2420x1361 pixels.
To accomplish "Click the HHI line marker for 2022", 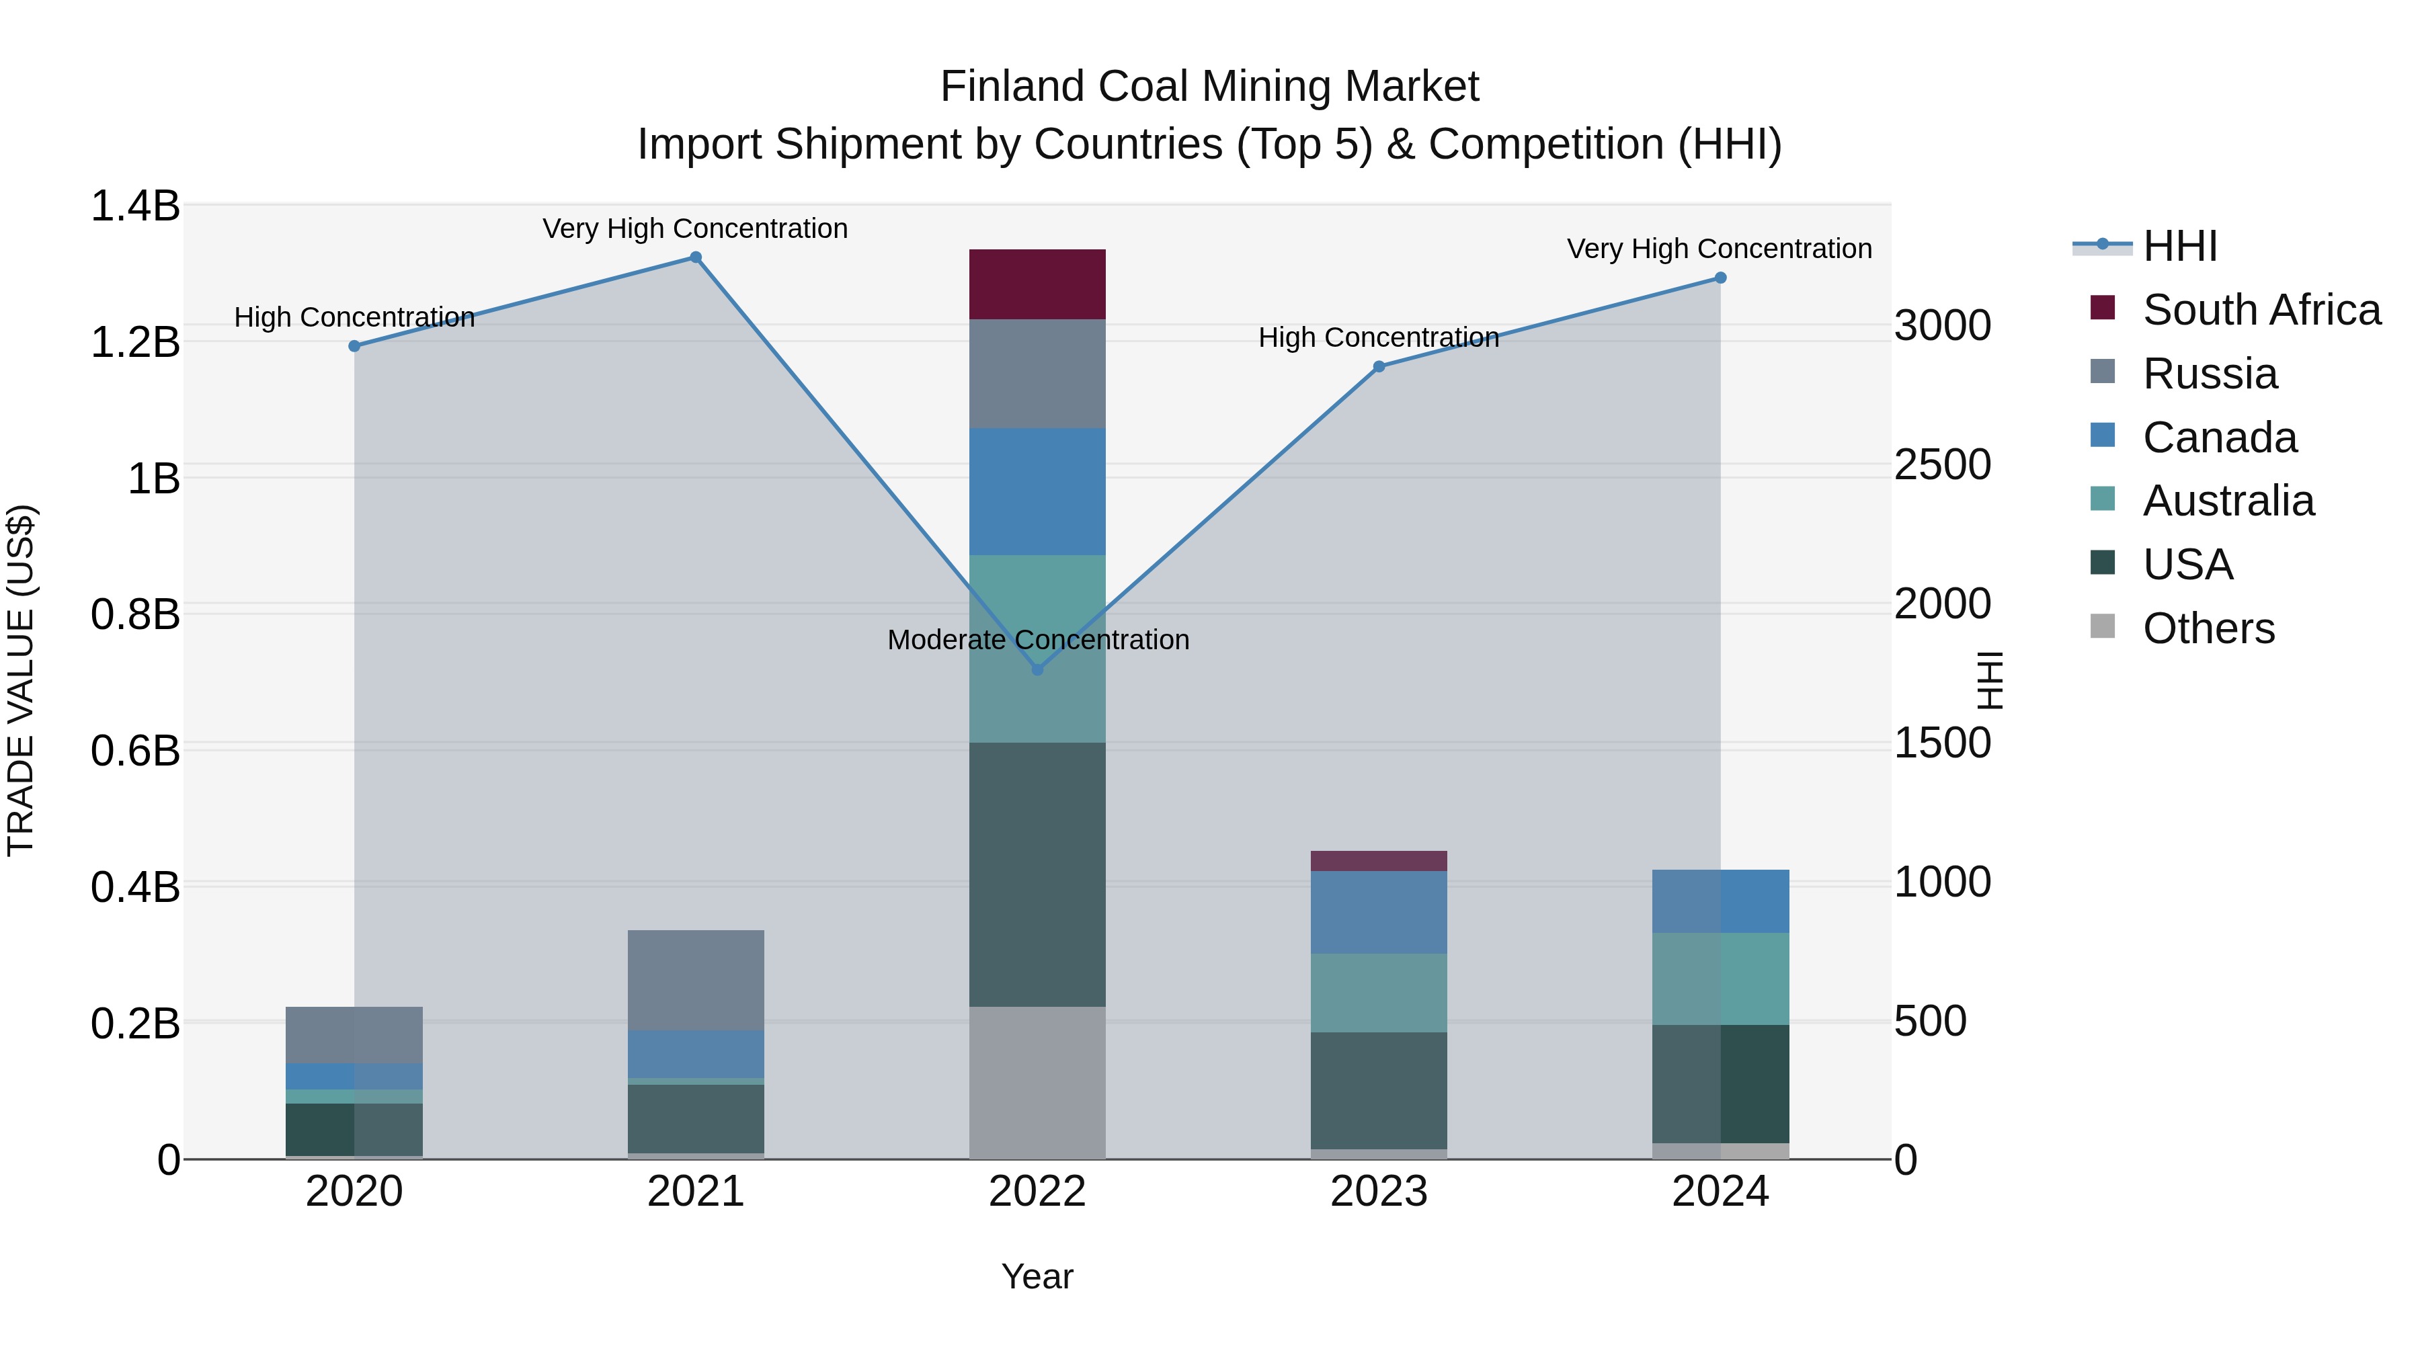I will tap(1037, 669).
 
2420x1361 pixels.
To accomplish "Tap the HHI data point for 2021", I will tap(695, 257).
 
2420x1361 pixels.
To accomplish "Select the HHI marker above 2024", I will tap(1720, 278).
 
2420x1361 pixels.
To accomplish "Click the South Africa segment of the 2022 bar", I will tap(1037, 284).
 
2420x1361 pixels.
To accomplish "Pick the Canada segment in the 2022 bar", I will tap(1037, 491).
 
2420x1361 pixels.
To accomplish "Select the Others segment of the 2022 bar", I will tap(1037, 1082).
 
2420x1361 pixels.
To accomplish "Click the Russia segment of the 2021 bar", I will tap(695, 980).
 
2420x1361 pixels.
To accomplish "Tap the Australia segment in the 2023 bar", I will tap(1378, 993).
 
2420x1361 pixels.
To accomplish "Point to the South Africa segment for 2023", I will tap(1378, 860).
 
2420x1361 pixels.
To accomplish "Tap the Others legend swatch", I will tap(2103, 626).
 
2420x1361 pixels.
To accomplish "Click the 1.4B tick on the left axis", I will tap(135, 206).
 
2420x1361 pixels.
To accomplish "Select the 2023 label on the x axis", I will tap(1378, 1192).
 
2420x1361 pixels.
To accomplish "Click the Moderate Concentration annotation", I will tap(1038, 640).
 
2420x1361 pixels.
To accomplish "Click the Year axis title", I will tap(1037, 1276).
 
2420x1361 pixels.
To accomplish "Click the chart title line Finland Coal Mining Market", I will tap(1209, 87).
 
